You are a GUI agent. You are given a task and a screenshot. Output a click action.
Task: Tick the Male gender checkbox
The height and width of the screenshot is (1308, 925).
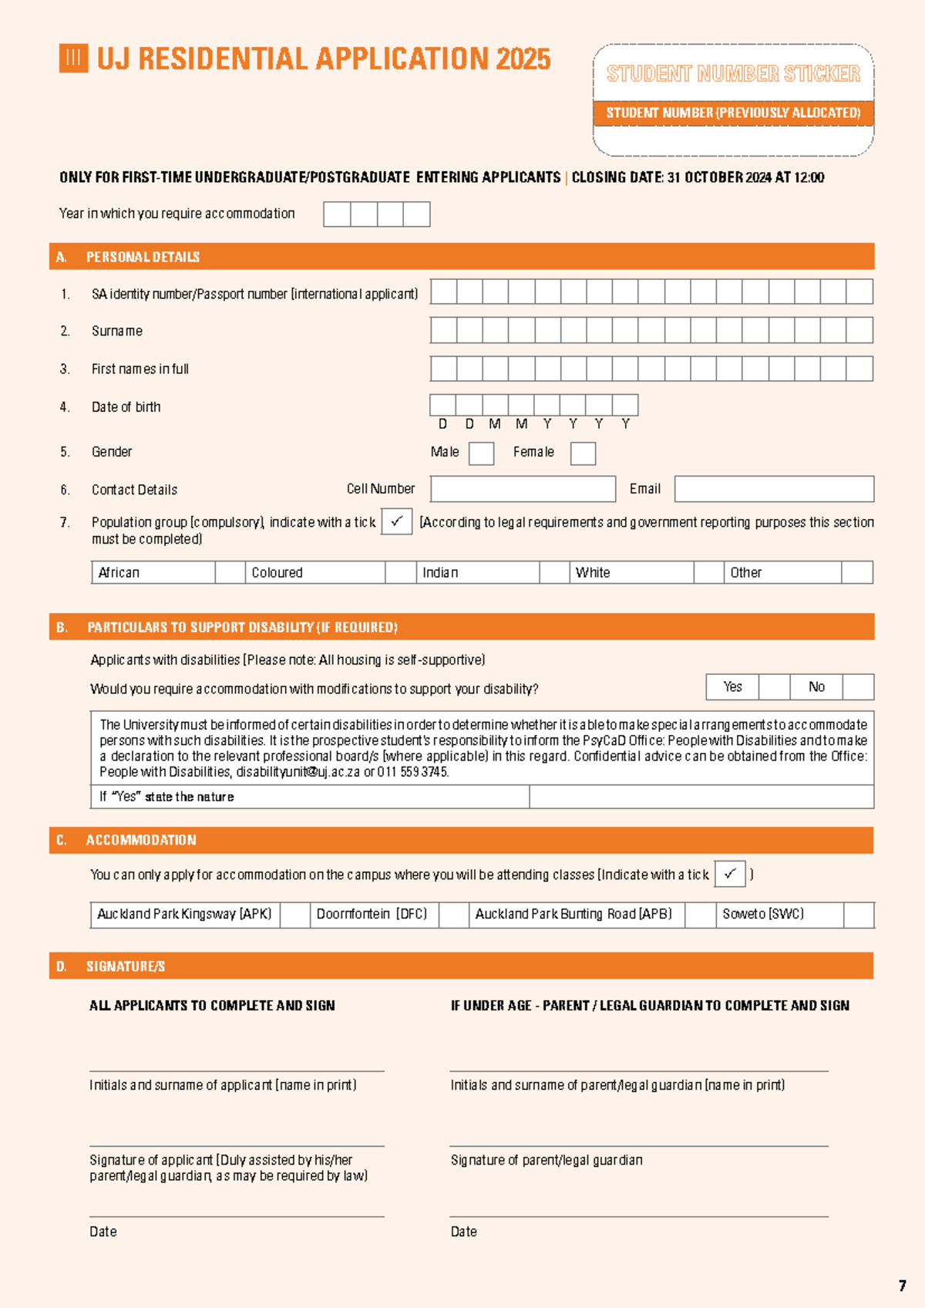[x=481, y=453]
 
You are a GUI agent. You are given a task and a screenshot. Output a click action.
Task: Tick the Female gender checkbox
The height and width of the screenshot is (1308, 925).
[x=583, y=453]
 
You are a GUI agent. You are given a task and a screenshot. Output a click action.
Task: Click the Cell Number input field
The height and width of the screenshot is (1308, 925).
[x=523, y=489]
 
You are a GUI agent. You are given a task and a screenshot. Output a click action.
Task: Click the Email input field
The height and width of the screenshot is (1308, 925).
[x=774, y=489]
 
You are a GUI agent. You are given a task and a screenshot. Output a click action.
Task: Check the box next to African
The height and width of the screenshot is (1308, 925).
[x=230, y=572]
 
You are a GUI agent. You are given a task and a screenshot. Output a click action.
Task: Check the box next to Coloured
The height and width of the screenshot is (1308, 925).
[x=400, y=572]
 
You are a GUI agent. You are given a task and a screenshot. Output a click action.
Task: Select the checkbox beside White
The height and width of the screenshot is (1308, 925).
[x=708, y=572]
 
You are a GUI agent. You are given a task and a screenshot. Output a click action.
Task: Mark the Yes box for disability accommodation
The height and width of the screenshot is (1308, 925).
[x=774, y=687]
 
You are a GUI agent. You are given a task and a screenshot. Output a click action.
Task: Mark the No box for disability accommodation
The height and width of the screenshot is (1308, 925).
[x=858, y=687]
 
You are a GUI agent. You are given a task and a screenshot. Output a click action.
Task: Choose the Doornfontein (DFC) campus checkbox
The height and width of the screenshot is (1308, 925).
[x=454, y=915]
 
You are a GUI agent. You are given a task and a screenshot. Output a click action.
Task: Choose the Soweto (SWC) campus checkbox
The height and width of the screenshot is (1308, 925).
[x=859, y=915]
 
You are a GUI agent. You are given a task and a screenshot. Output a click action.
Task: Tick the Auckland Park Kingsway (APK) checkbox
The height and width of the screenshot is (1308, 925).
[x=294, y=915]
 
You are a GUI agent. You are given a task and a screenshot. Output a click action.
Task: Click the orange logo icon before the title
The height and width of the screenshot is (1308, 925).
[x=73, y=59]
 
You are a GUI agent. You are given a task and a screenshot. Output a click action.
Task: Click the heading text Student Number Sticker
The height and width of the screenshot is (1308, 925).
[x=733, y=74]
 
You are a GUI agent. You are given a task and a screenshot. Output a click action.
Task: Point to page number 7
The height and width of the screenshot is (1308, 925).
[x=902, y=1286]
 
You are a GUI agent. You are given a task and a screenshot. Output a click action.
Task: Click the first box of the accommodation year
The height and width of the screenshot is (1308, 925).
[x=337, y=214]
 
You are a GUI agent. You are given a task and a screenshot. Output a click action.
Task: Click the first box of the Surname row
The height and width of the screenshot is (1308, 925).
[x=443, y=330]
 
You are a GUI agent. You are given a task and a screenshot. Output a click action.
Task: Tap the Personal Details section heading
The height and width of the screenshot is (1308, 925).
[x=143, y=257]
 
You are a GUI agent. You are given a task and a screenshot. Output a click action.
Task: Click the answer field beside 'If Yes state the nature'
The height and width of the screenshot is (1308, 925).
[x=701, y=797]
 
